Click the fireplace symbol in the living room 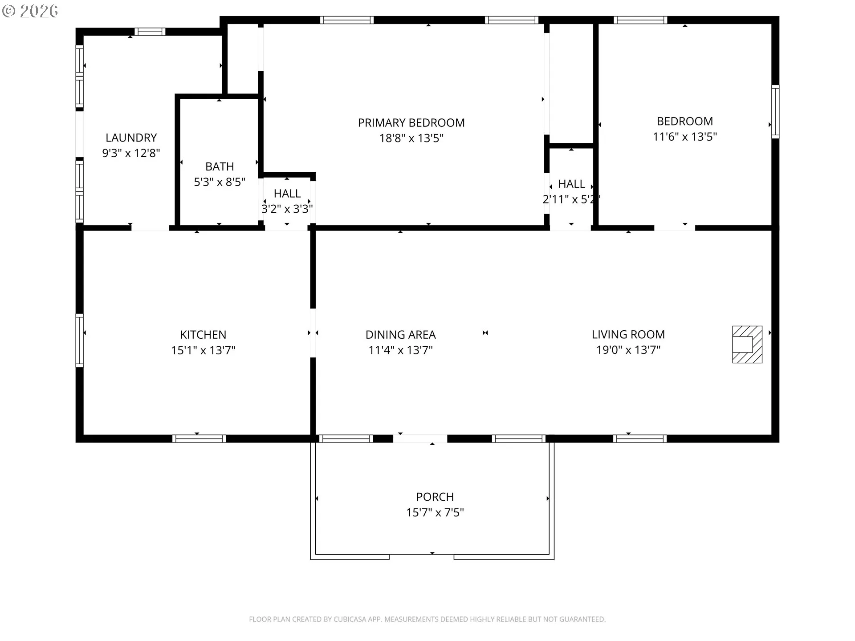click(x=747, y=345)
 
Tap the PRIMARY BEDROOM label click(x=411, y=123)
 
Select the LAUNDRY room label click(x=131, y=138)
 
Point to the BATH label click(x=220, y=166)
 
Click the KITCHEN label click(x=203, y=335)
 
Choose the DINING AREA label click(x=400, y=335)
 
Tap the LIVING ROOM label click(x=628, y=334)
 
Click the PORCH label click(x=435, y=497)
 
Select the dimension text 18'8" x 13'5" click(x=411, y=138)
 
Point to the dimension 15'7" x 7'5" click(x=435, y=513)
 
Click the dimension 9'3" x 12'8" click(x=131, y=153)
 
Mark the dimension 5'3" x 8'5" click(x=220, y=182)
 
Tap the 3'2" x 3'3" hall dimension click(x=287, y=209)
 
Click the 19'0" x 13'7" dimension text click(x=628, y=350)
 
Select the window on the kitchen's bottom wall click(x=199, y=438)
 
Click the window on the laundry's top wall click(x=150, y=32)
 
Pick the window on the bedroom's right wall click(x=775, y=111)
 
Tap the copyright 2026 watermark click(x=30, y=11)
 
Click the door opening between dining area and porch click(x=420, y=438)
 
